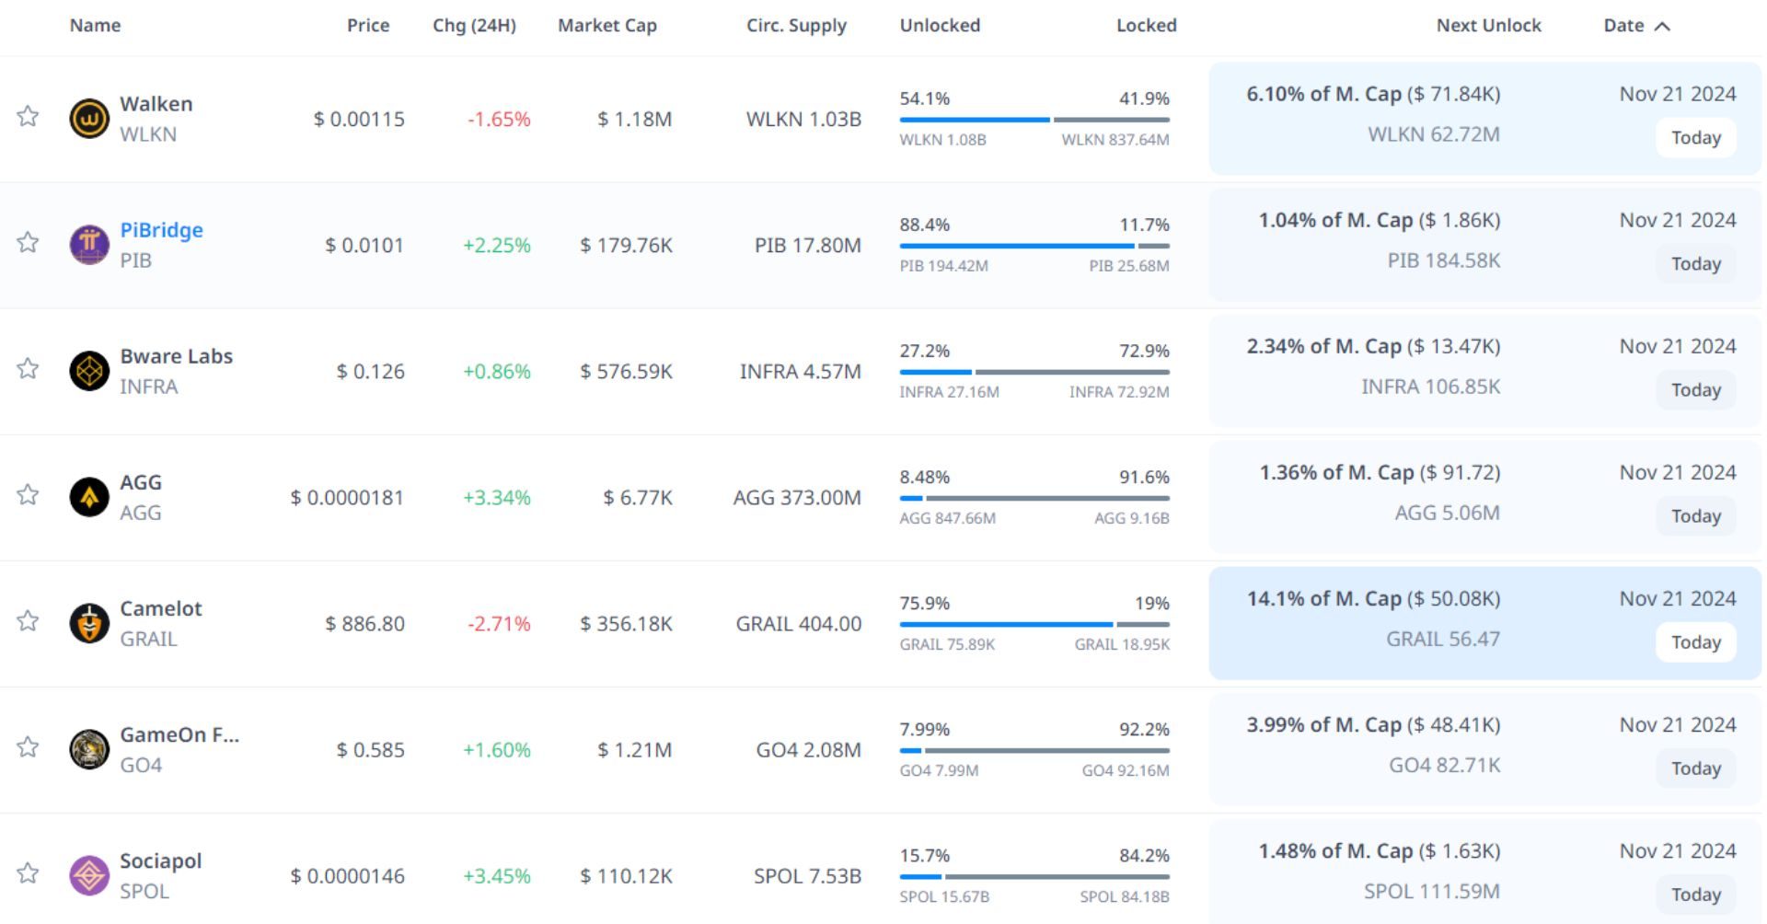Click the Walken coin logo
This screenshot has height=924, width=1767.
pos(89,119)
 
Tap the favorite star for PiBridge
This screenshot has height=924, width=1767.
pos(28,243)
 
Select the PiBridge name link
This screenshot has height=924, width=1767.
pos(161,230)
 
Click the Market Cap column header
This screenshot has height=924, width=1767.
pos(606,26)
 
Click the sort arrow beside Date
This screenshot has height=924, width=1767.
pos(1662,26)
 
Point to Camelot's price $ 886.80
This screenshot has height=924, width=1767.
pos(364,624)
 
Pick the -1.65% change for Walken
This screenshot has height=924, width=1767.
pos(499,120)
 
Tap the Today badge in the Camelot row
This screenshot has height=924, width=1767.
pos(1695,642)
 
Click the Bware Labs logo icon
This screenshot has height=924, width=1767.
pos(89,371)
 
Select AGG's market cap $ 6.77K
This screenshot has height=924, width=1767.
pos(637,498)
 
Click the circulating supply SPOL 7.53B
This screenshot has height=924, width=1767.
pos(807,876)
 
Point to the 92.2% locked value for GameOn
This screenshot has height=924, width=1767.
pos(1144,730)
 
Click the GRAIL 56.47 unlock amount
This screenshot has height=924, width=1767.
pos(1442,639)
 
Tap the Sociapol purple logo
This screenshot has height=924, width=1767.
pos(89,875)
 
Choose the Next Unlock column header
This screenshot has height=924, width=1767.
pos(1488,26)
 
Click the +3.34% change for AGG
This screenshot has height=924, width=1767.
pos(496,498)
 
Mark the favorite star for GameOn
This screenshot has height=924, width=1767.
pos(28,747)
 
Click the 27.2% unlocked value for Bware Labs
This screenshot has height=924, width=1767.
pos(924,352)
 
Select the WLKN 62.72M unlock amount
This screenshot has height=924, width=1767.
pos(1433,134)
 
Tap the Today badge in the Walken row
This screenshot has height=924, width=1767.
pos(1695,138)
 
